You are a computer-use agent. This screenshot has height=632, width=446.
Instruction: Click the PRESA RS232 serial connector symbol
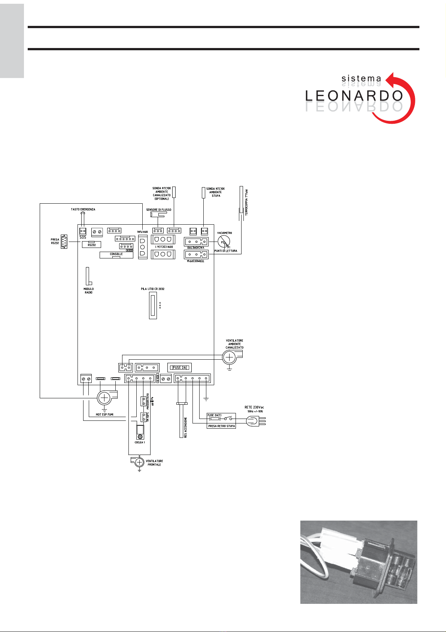(x=64, y=242)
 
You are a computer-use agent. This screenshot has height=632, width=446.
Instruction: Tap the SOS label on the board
(x=83, y=237)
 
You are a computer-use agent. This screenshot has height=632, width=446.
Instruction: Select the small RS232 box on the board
(x=91, y=245)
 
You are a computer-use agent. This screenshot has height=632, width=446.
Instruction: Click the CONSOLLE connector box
(x=116, y=255)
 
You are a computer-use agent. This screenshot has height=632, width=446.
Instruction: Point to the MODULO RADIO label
(x=89, y=291)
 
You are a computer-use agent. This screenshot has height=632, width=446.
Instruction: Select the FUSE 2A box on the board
(x=179, y=368)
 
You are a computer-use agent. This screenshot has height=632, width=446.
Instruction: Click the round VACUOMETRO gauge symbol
(x=224, y=242)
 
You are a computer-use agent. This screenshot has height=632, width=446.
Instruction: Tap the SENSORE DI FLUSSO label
(x=158, y=210)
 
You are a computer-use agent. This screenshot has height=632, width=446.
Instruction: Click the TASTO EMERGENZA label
(x=83, y=209)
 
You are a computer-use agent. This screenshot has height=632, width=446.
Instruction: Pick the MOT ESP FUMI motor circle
(x=103, y=398)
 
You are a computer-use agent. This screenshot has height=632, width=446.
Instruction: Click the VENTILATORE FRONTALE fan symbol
(x=139, y=462)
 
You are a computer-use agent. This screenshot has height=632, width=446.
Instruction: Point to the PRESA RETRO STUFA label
(x=221, y=426)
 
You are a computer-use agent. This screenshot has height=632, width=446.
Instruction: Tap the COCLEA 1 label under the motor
(x=140, y=443)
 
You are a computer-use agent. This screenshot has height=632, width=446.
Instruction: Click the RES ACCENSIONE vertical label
(x=186, y=428)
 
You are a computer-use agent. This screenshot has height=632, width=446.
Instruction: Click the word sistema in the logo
(x=361, y=79)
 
